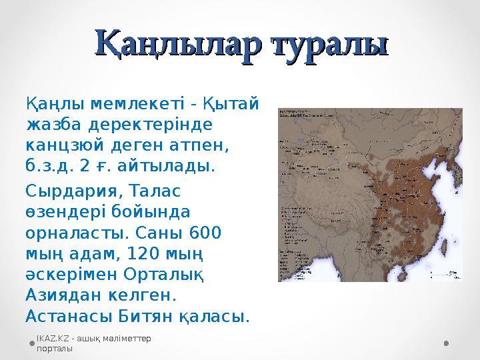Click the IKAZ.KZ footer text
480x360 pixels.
(93, 343)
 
